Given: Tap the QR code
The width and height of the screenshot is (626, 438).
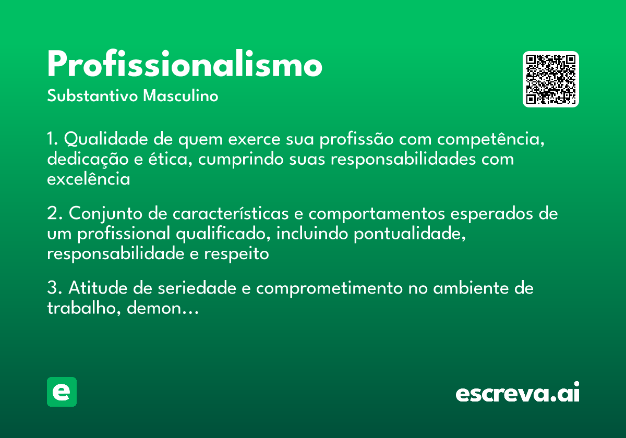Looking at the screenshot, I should click(551, 79).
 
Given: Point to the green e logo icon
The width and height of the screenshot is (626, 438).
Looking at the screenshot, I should click(62, 392).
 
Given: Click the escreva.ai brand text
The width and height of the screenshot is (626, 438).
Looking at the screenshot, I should click(517, 393).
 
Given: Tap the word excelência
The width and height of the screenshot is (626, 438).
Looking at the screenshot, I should click(88, 179).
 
